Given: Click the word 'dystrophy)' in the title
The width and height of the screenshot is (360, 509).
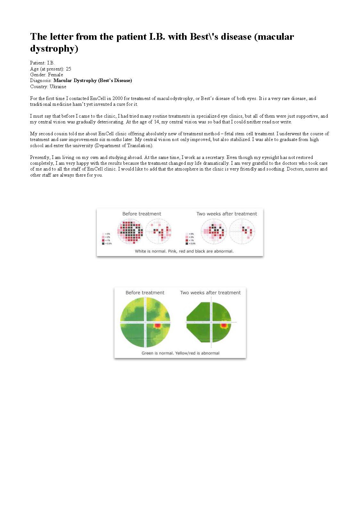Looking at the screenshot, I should (54, 49).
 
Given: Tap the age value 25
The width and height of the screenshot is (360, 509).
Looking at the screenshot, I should (68, 69).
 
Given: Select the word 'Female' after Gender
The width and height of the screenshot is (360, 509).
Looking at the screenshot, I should (55, 75).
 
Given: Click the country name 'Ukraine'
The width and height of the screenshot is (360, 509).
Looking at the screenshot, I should (58, 87).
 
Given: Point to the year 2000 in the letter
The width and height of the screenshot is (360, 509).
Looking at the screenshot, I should (117, 98).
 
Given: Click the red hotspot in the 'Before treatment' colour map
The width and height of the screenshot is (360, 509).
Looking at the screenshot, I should (157, 325).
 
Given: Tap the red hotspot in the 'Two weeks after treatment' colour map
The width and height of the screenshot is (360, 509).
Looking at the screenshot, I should (224, 325).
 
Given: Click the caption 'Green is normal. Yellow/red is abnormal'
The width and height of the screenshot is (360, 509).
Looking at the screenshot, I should (180, 353).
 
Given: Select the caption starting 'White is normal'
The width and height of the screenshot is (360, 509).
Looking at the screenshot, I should (184, 251).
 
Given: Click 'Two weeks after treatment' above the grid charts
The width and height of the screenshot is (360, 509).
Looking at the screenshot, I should (227, 214).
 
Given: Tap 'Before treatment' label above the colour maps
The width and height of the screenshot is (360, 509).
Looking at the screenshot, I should (145, 293).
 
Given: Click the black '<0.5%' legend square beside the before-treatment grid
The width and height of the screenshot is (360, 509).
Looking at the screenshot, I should (103, 244).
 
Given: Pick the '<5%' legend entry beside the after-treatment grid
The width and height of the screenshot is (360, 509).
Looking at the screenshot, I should (187, 234).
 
